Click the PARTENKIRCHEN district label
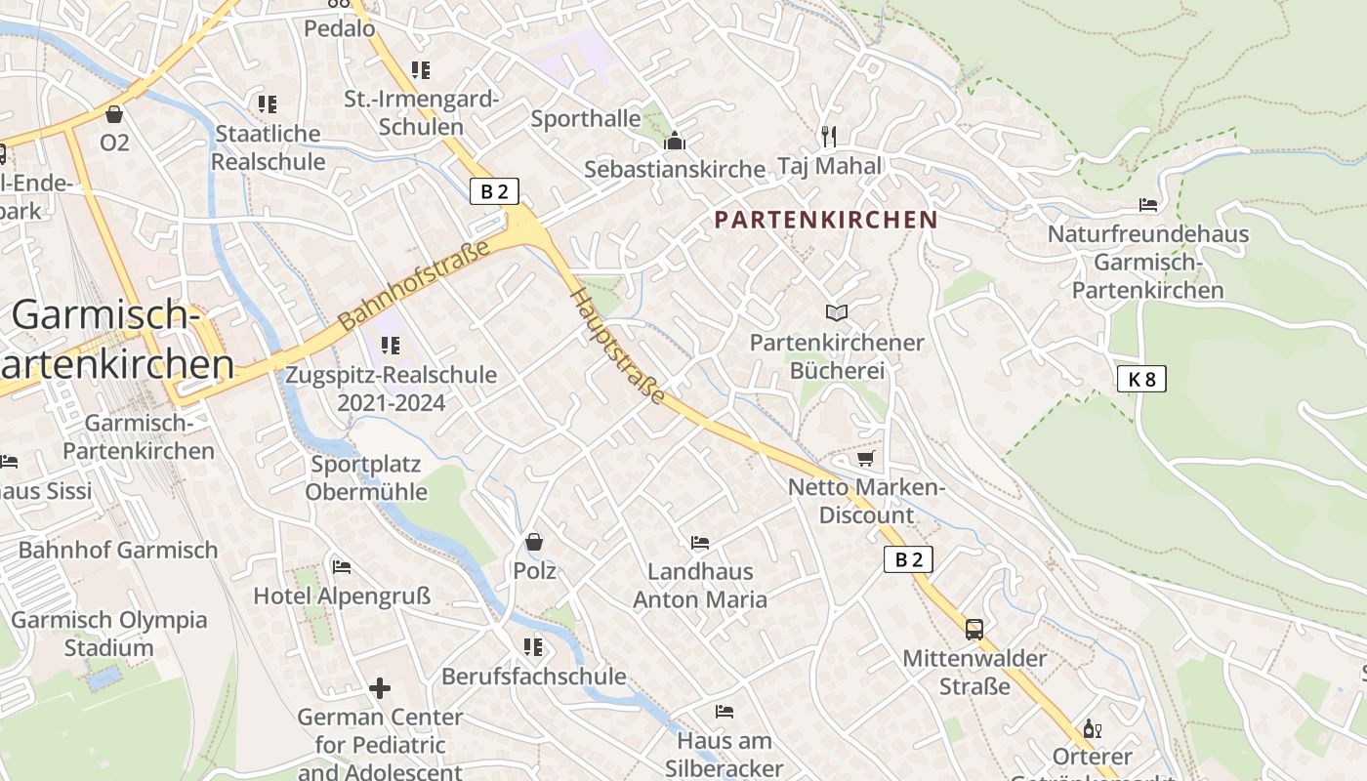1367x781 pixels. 825,220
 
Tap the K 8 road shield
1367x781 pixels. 1141,379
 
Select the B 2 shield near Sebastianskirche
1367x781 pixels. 494,191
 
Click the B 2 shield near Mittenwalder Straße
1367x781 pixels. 908,559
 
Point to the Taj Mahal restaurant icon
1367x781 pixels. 829,135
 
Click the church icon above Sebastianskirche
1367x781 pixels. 675,141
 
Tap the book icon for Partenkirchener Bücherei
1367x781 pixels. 837,312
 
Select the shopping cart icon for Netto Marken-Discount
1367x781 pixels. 865,458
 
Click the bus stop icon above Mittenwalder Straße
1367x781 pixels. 973,629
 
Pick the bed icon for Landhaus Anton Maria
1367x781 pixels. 699,542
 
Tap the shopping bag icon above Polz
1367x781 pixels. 534,541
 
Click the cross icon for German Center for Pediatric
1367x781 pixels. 380,688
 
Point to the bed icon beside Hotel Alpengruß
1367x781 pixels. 341,566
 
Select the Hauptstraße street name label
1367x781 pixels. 618,346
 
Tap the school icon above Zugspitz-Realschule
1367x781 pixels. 391,345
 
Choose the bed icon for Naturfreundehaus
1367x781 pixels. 1148,205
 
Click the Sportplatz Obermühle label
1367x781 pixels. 366,477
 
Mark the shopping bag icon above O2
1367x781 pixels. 114,114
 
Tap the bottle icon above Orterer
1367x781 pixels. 1092,728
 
